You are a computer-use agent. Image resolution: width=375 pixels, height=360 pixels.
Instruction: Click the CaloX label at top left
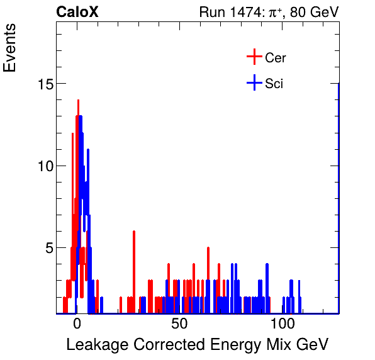[x=77, y=12]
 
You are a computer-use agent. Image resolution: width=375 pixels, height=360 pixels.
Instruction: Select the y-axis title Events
[x=11, y=50]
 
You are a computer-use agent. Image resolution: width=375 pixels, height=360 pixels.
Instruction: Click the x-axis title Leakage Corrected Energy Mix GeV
[x=197, y=344]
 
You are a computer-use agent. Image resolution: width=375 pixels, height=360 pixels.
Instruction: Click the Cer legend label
[x=276, y=58]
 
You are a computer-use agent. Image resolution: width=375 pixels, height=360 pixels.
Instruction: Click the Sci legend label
[x=274, y=83]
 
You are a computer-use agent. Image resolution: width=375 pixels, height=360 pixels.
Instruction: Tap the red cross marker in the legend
[x=254, y=57]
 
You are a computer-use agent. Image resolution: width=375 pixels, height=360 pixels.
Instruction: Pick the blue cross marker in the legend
[x=254, y=82]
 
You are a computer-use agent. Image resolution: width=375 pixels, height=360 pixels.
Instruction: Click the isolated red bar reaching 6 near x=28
[x=134, y=271]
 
